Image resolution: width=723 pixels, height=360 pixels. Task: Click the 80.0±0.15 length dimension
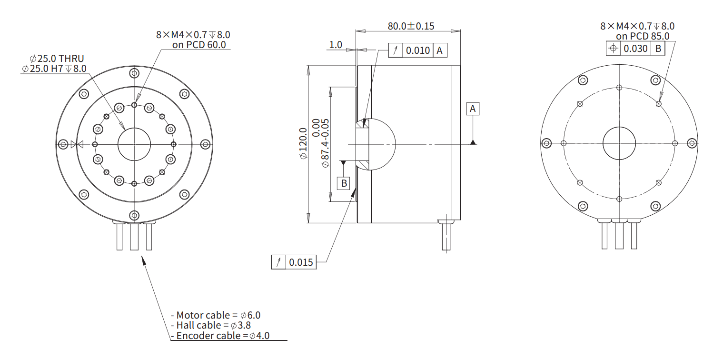[411, 26]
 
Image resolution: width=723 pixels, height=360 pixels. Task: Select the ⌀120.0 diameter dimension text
[303, 143]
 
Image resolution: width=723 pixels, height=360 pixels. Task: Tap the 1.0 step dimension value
[336, 45]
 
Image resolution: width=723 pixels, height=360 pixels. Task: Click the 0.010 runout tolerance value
[417, 50]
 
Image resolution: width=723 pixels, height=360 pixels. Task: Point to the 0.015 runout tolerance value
[301, 262]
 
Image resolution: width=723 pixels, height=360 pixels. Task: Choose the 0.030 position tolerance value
[635, 49]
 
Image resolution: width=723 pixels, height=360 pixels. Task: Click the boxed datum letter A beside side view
[473, 109]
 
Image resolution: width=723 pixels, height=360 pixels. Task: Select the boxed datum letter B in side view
[344, 183]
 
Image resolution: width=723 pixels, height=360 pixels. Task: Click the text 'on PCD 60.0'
[199, 45]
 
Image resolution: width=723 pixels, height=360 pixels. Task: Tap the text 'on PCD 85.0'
[643, 36]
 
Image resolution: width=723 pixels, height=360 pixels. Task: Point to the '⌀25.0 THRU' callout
[57, 59]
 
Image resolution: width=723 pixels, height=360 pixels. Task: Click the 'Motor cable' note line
[216, 315]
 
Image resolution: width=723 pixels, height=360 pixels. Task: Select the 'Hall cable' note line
[211, 325]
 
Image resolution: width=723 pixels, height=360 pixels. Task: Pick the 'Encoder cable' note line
[220, 335]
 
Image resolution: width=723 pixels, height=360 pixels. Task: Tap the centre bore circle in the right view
[619, 143]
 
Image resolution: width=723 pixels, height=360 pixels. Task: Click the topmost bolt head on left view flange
[134, 73]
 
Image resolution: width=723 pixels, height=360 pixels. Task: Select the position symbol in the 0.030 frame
[613, 49]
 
